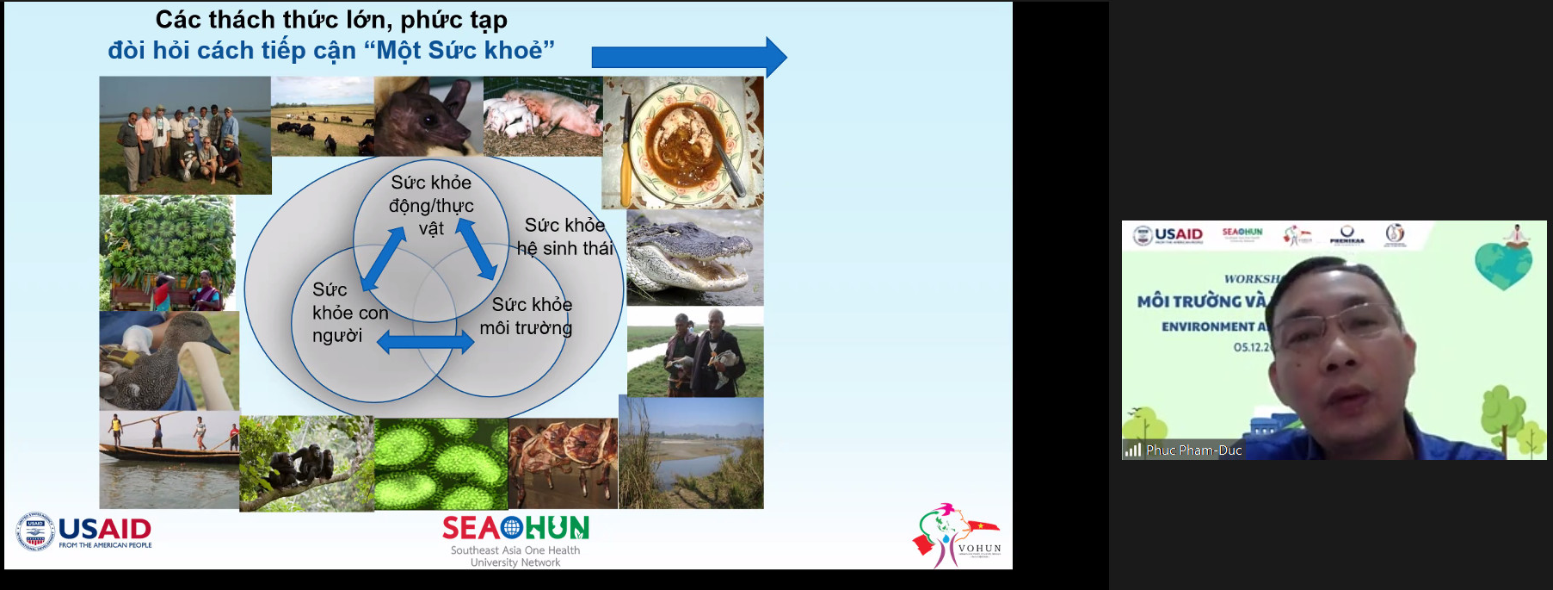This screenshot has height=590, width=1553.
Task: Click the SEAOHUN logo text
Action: (x=515, y=527)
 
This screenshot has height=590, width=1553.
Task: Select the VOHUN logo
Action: (x=957, y=536)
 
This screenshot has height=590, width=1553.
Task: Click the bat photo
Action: (x=428, y=116)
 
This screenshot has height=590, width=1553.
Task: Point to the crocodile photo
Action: (x=693, y=258)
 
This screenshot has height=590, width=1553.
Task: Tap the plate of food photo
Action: (x=682, y=142)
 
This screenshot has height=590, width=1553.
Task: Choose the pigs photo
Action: (x=542, y=116)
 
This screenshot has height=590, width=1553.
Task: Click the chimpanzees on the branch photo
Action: (x=306, y=463)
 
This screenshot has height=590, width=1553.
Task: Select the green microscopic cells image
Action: (x=441, y=463)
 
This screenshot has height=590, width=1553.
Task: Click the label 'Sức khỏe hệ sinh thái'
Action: (x=564, y=237)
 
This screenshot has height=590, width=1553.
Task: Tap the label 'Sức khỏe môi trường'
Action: (x=527, y=316)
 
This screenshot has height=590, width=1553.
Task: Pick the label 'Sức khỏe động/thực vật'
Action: (x=431, y=205)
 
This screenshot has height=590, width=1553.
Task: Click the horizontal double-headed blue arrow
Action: (x=425, y=343)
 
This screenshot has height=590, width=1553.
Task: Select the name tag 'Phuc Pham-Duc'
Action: (x=1193, y=450)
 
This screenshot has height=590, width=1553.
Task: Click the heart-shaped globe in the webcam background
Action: (x=1502, y=264)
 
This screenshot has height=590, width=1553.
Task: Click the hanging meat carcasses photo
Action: (x=563, y=463)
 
